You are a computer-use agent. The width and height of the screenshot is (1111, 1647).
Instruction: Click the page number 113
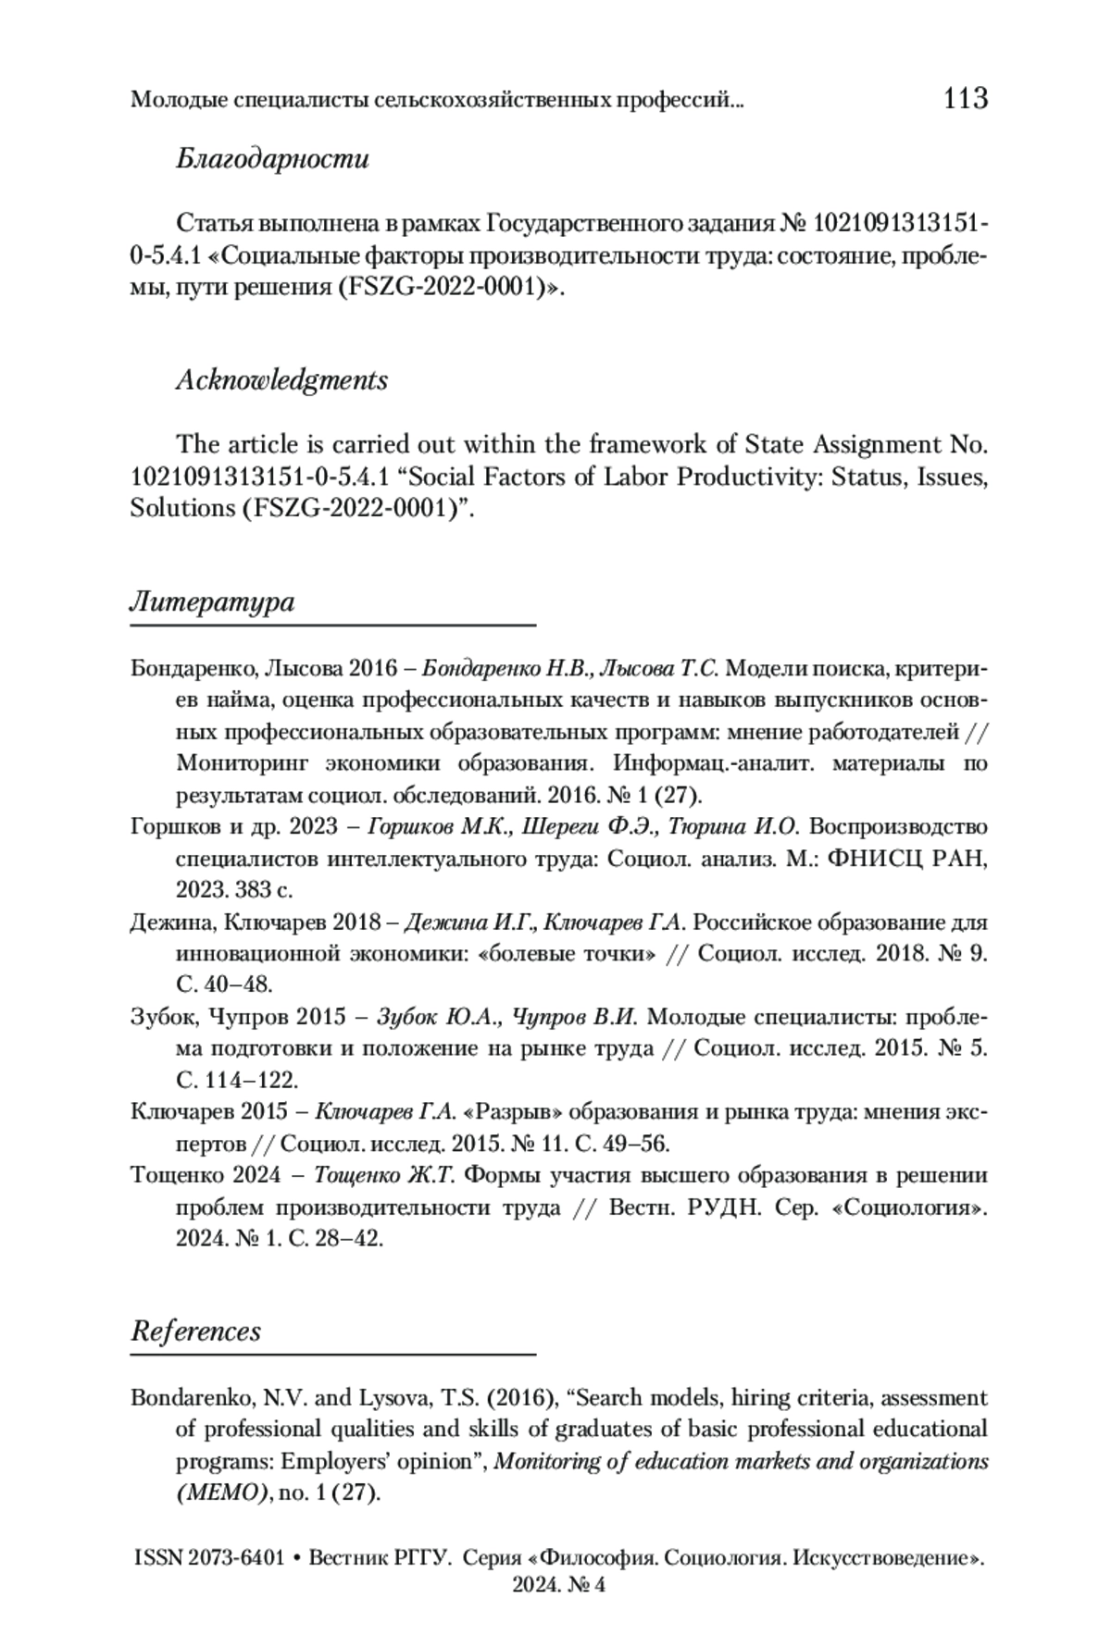[966, 98]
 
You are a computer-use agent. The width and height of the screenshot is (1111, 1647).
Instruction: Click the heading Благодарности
[272, 159]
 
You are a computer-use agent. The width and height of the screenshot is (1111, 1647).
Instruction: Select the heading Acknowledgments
[281, 380]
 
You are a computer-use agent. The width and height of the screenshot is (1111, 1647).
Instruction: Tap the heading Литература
[212, 602]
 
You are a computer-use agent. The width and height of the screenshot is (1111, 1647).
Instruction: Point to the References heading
[195, 1331]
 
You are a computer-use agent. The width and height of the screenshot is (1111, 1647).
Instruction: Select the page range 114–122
[249, 1080]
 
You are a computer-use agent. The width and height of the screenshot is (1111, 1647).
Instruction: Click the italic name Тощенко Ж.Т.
[383, 1176]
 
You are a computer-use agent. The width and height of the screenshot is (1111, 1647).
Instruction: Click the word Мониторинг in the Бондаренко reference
[243, 764]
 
